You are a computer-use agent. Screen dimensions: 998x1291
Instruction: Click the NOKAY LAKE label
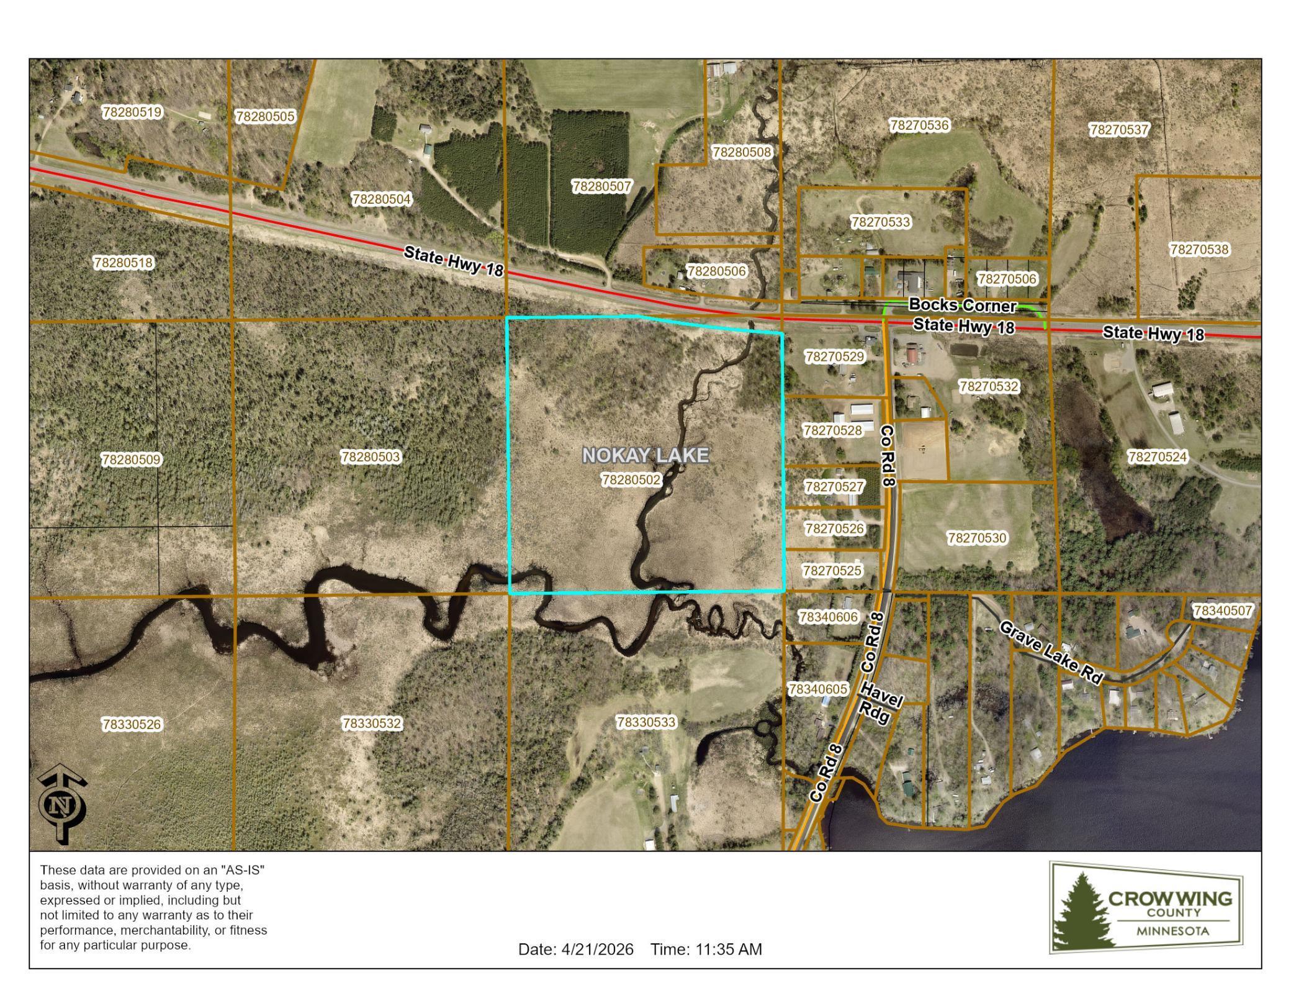click(x=645, y=455)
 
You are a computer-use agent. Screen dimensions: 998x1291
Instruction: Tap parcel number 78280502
click(x=631, y=480)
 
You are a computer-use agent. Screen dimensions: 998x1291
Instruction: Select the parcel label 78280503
click(x=371, y=457)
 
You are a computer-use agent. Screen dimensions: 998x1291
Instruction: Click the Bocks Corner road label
click(x=962, y=306)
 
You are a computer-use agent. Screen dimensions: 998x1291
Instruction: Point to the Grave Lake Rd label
click(x=1050, y=652)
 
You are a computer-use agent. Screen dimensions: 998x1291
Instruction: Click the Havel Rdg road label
click(x=878, y=704)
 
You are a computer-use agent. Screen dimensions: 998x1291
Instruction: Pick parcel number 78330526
click(x=132, y=724)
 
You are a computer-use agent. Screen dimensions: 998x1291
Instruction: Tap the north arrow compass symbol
click(x=63, y=804)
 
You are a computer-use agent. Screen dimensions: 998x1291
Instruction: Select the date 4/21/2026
click(x=597, y=950)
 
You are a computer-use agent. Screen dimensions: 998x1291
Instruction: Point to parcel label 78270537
click(x=1119, y=130)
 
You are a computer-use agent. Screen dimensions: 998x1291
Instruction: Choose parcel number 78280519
click(x=132, y=112)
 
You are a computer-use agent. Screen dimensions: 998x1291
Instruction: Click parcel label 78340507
click(x=1223, y=611)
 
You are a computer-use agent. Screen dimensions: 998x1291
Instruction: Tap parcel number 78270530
click(x=977, y=538)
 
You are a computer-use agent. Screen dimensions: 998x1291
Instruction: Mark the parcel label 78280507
click(x=601, y=186)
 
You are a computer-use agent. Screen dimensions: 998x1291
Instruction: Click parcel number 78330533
click(x=646, y=722)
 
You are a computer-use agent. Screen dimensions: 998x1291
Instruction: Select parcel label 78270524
click(x=1157, y=457)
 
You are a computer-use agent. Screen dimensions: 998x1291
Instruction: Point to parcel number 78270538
click(x=1199, y=250)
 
